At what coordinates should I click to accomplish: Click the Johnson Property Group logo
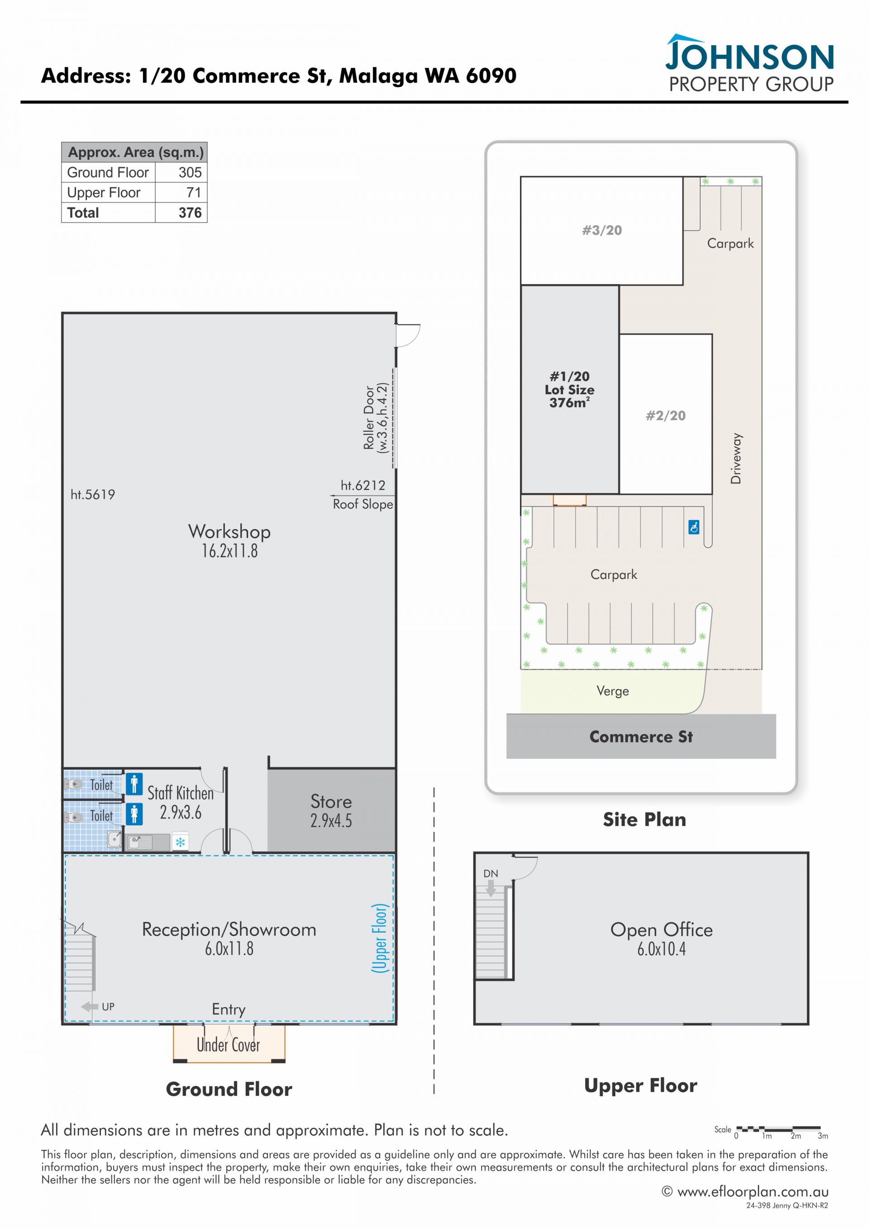coord(749,64)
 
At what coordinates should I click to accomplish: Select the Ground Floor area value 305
coord(190,172)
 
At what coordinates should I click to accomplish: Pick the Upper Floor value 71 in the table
coord(194,192)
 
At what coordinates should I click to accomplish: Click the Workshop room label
coord(229,531)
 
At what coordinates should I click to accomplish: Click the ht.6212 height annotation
coord(363,486)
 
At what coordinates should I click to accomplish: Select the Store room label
coord(331,801)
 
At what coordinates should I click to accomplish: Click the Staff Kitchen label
coord(180,793)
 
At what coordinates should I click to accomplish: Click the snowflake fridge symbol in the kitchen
coord(180,842)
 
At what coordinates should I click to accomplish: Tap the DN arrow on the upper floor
coord(491,888)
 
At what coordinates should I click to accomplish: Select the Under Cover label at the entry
coord(229,1044)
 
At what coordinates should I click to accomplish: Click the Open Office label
coord(661,930)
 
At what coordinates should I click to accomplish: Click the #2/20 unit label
coord(666,416)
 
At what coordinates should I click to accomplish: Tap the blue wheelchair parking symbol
coord(694,527)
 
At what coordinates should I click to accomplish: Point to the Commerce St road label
coord(641,736)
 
